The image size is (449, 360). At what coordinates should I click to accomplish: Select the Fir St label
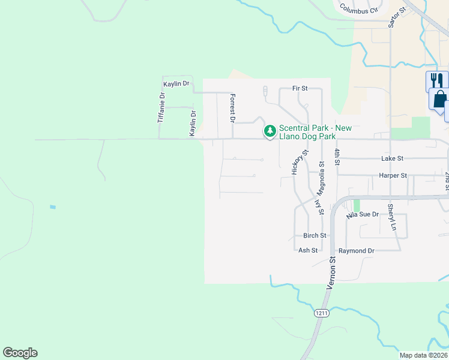point(300,88)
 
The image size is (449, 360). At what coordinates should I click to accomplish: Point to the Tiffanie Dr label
point(161,108)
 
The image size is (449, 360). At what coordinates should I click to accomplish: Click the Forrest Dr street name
point(232,108)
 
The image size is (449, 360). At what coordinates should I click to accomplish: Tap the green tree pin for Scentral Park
point(270,131)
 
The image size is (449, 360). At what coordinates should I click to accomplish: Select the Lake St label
point(392,158)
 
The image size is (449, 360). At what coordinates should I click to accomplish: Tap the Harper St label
point(393,176)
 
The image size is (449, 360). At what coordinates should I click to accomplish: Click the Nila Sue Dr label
point(363,214)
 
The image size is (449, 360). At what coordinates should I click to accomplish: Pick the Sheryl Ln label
point(391,217)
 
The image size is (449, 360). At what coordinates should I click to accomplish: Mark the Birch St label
point(315,236)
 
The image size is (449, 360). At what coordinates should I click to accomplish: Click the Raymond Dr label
point(357,250)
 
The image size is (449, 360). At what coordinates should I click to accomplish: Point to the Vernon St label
point(331,274)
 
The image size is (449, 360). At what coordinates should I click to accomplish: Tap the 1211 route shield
point(321,313)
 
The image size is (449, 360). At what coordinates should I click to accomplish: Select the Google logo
point(20,353)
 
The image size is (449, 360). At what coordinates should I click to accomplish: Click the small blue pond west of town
point(53,207)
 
